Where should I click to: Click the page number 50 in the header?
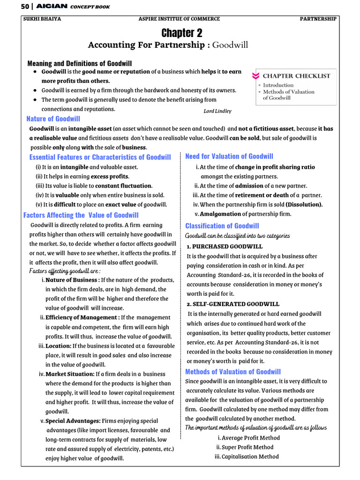(x=26, y=7)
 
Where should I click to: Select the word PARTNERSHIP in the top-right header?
(x=318, y=19)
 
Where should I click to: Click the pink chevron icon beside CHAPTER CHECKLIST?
(x=255, y=76)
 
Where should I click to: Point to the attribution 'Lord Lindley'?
(x=217, y=111)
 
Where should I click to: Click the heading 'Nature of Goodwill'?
(x=53, y=119)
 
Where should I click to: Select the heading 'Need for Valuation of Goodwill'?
(x=229, y=157)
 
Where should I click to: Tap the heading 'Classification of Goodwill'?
(x=222, y=226)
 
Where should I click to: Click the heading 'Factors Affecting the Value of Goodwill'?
(x=81, y=215)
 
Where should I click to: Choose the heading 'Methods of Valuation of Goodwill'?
(x=233, y=372)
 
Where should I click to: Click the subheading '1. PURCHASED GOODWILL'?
(x=225, y=247)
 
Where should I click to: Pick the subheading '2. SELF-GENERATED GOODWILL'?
(x=233, y=304)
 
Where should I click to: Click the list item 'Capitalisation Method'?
(x=250, y=457)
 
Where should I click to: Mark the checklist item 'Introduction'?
(x=278, y=85)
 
